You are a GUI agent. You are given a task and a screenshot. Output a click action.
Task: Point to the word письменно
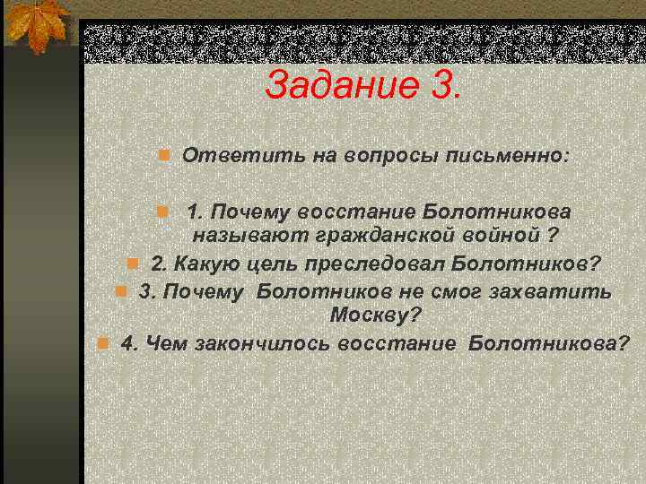(x=509, y=156)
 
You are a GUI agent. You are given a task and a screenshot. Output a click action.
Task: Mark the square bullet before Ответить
(x=164, y=156)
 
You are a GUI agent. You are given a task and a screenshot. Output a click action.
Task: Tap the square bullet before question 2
(x=133, y=264)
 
